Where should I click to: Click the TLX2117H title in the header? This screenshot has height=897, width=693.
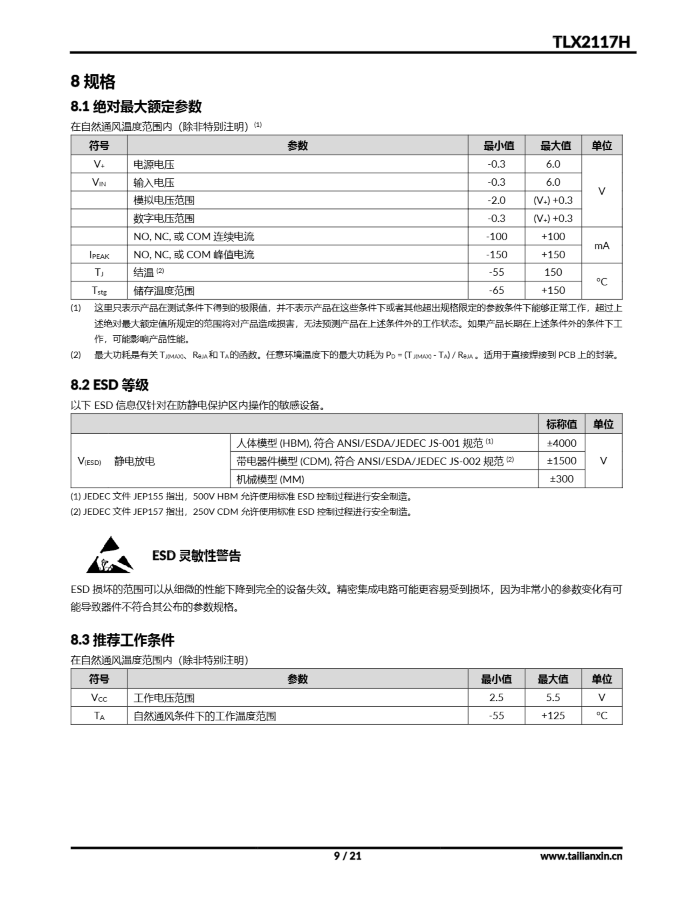(x=591, y=42)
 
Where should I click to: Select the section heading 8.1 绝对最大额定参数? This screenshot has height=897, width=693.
(x=136, y=107)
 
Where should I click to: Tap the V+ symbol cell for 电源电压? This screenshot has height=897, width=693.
(x=99, y=164)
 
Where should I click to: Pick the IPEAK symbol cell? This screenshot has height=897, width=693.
(x=99, y=255)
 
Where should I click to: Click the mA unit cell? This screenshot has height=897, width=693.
(x=602, y=246)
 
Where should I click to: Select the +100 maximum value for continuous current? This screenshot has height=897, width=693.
(x=553, y=237)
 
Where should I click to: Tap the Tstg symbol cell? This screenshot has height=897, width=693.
(x=99, y=291)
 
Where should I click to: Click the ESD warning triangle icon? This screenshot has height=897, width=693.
(x=110, y=555)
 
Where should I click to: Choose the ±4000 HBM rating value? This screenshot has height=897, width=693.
(x=561, y=443)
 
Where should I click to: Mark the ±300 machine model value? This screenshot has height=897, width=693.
(x=561, y=479)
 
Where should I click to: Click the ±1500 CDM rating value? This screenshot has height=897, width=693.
(x=561, y=461)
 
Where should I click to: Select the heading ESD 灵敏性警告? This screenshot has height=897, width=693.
(x=196, y=556)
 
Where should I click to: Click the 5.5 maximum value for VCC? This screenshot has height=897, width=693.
(x=553, y=697)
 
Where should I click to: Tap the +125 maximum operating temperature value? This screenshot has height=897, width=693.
(x=553, y=715)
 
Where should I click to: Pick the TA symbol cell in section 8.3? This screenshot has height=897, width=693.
(x=99, y=716)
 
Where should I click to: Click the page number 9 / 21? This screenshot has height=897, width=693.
(x=347, y=856)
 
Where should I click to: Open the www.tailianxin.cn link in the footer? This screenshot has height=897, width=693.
(x=581, y=856)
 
